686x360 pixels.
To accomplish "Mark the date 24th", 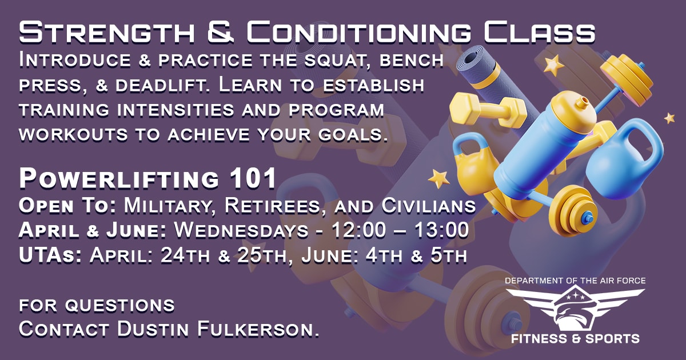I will pyautogui.click(x=186, y=255).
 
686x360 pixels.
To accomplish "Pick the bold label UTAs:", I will pyautogui.click(x=51, y=255).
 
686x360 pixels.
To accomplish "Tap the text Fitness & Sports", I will pyautogui.click(x=575, y=338).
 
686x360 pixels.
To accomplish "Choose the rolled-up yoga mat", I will pyautogui.click(x=480, y=74).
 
